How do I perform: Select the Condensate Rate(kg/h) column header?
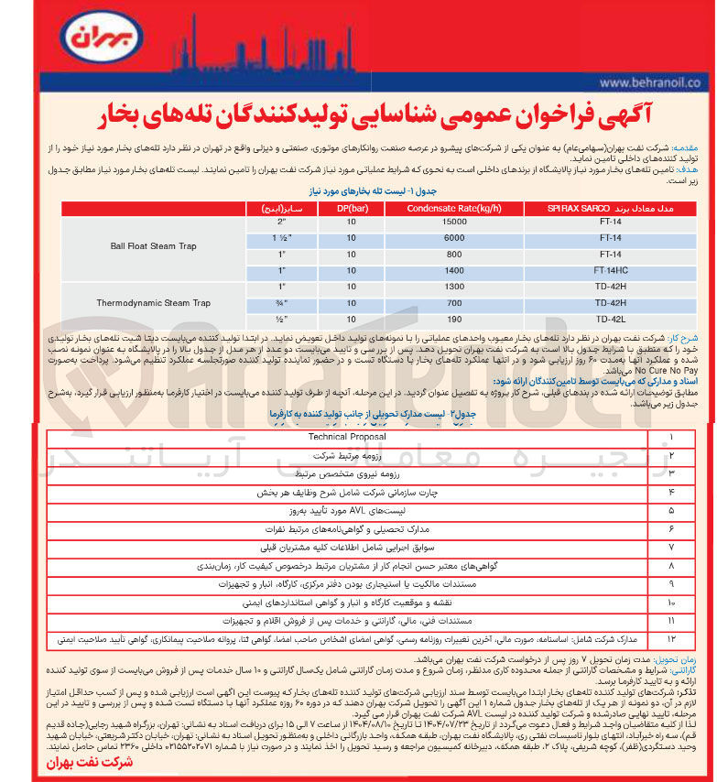[454, 208]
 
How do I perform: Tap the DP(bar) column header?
[351, 208]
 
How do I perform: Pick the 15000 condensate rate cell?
[454, 223]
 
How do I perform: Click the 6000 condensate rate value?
[454, 238]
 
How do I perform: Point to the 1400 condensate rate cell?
[454, 270]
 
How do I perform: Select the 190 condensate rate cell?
[454, 319]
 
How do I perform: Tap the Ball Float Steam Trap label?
[153, 246]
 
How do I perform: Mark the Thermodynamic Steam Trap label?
[153, 302]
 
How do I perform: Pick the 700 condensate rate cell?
[454, 302]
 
